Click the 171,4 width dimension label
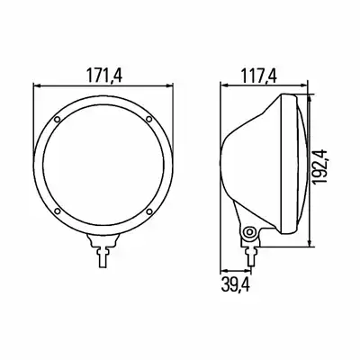pos(104,76)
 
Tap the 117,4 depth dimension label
pos(258,76)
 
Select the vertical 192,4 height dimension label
pos(319,166)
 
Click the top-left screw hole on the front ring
pos(58,120)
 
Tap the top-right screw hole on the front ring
pos(148,120)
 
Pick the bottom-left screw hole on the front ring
pos(58,211)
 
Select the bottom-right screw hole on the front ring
pos(149,211)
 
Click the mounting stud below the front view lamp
pos(103,255)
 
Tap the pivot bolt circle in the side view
pos(248,232)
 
